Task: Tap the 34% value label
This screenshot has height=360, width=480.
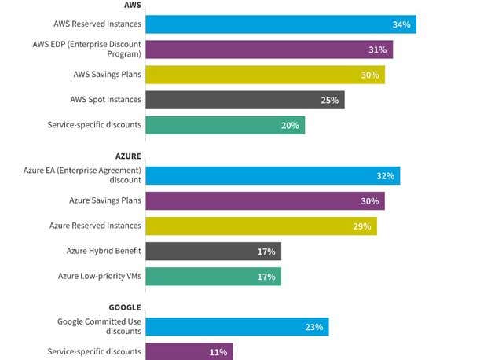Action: coord(401,24)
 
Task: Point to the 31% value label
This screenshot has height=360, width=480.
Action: coord(378,50)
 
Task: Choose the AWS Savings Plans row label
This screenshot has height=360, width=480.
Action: coord(107,75)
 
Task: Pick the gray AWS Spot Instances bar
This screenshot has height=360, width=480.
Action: coord(244,100)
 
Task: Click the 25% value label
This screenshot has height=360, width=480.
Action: coord(330,100)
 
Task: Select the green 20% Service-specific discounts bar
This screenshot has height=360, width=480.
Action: coord(225,125)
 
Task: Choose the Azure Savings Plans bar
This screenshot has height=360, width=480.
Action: coord(265,200)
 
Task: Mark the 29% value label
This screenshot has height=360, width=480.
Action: coord(362,226)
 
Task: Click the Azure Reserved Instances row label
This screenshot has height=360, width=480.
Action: coord(95,226)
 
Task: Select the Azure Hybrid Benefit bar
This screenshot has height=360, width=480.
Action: coord(213,251)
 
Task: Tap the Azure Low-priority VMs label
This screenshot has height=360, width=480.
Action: coord(100,276)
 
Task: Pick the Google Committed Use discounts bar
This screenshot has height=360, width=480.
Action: coord(236,326)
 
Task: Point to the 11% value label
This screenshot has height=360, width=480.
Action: coord(218,351)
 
